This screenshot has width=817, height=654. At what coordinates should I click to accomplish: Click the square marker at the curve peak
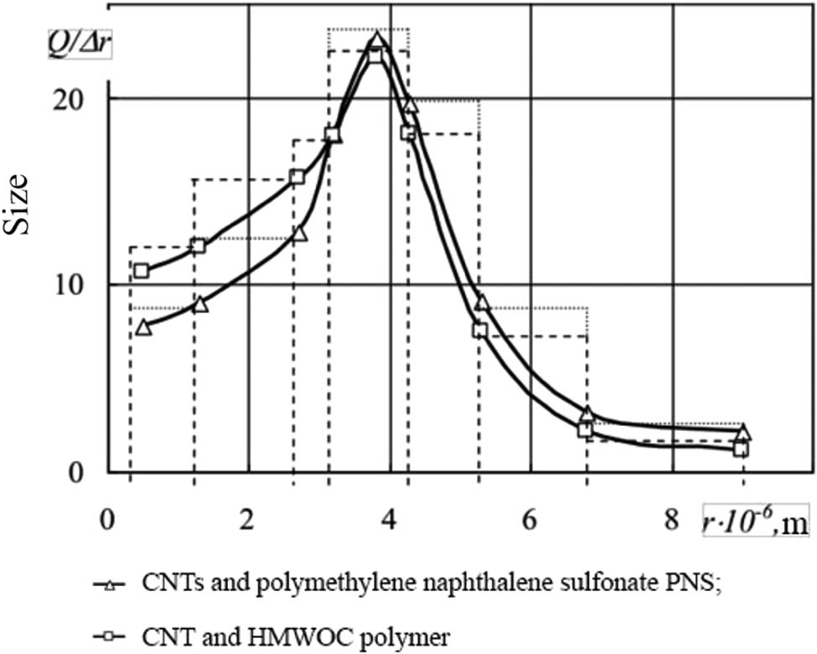375,55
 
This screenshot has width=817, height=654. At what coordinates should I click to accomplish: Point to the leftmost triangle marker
143,327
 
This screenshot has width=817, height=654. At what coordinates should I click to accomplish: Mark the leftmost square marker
142,270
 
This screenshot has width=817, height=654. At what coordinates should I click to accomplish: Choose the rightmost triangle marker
742,433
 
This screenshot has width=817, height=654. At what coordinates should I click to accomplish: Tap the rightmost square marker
741,449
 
